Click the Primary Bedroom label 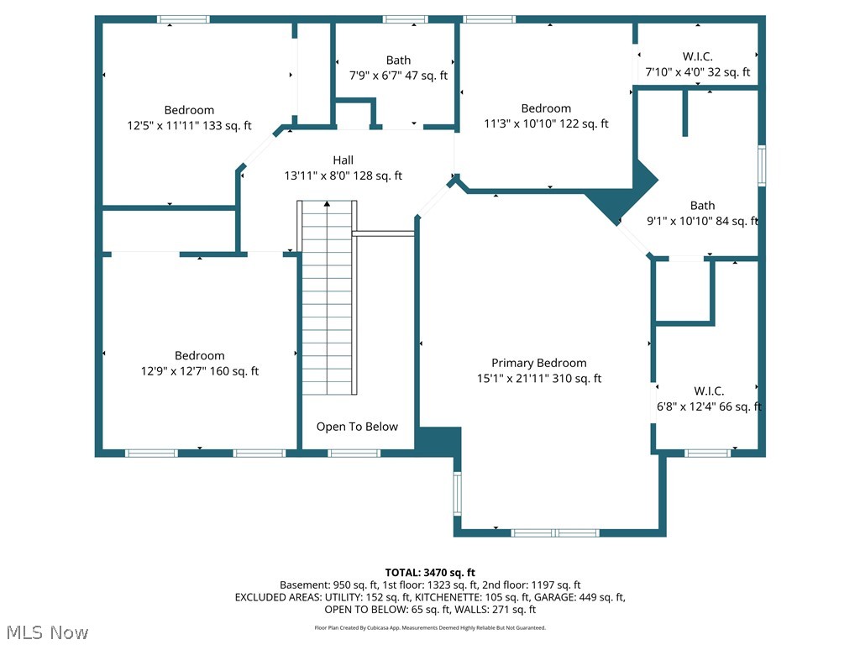pyautogui.click(x=538, y=363)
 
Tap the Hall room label pyautogui.click(x=343, y=160)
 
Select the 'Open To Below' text pyautogui.click(x=357, y=427)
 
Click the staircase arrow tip pyautogui.click(x=327, y=202)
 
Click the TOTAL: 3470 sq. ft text pyautogui.click(x=430, y=573)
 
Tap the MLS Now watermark pyautogui.click(x=47, y=632)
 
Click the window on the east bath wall pyautogui.click(x=762, y=165)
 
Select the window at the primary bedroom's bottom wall pyautogui.click(x=555, y=532)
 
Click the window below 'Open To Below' pyautogui.click(x=354, y=453)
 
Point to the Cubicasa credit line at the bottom pyautogui.click(x=430, y=628)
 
